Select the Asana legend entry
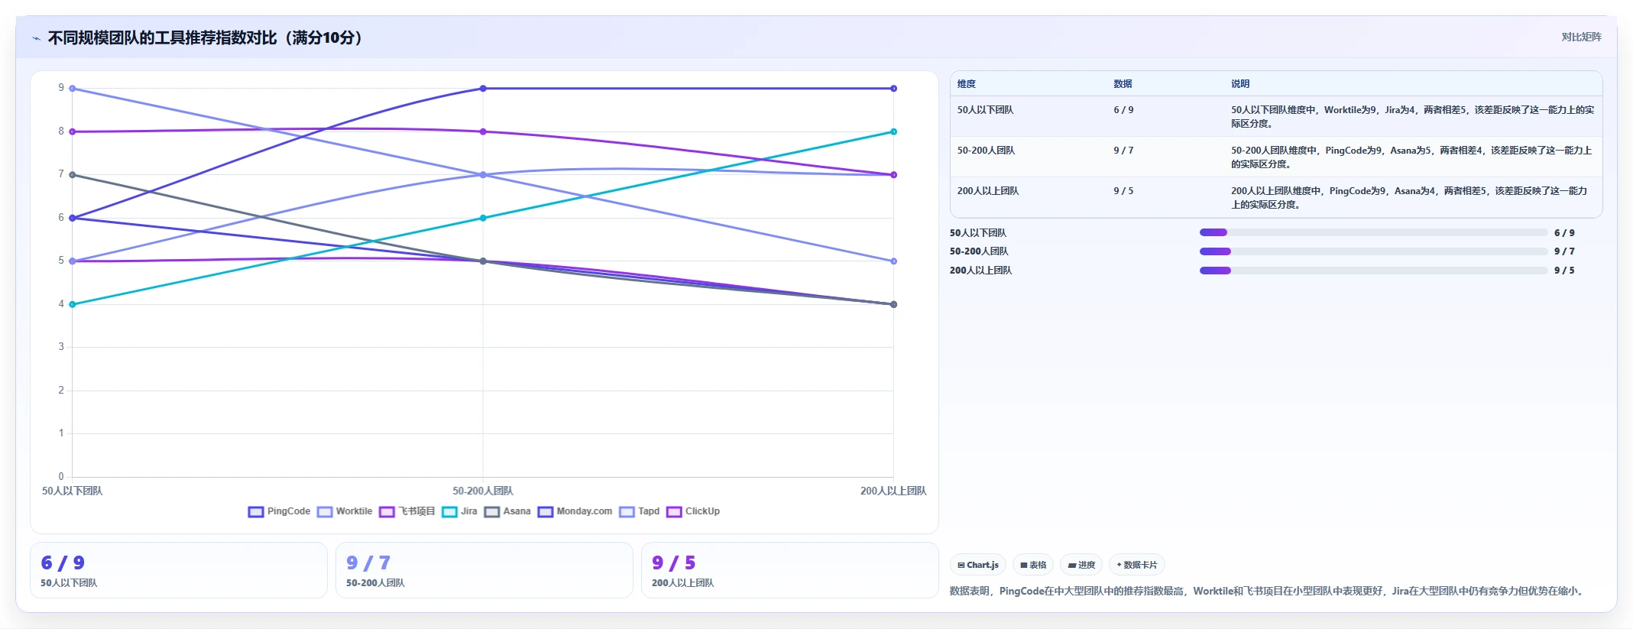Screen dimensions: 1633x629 click(x=507, y=511)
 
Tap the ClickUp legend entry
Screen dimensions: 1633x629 click(x=694, y=511)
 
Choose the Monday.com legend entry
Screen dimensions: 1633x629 click(x=575, y=511)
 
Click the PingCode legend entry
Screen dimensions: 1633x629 click(x=280, y=511)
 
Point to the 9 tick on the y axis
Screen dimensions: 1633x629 click(x=61, y=88)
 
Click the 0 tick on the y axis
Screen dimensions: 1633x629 click(x=61, y=477)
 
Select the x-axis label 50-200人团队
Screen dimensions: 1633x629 click(x=483, y=491)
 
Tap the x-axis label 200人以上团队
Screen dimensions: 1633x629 click(x=893, y=491)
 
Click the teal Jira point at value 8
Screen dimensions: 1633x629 click(x=893, y=131)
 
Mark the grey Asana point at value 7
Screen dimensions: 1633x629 click(x=73, y=175)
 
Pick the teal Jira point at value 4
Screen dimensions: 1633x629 click(x=73, y=304)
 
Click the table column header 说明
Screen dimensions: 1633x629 click(x=1240, y=84)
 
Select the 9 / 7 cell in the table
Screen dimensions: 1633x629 click(x=1123, y=151)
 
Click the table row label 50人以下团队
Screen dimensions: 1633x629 click(x=985, y=110)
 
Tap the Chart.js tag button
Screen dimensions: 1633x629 click(x=978, y=565)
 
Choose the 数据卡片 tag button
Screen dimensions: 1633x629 click(x=1137, y=565)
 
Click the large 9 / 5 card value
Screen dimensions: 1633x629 click(x=674, y=563)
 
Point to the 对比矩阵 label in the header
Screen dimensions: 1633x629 click(x=1581, y=37)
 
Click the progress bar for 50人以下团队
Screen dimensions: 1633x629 click(x=1373, y=232)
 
